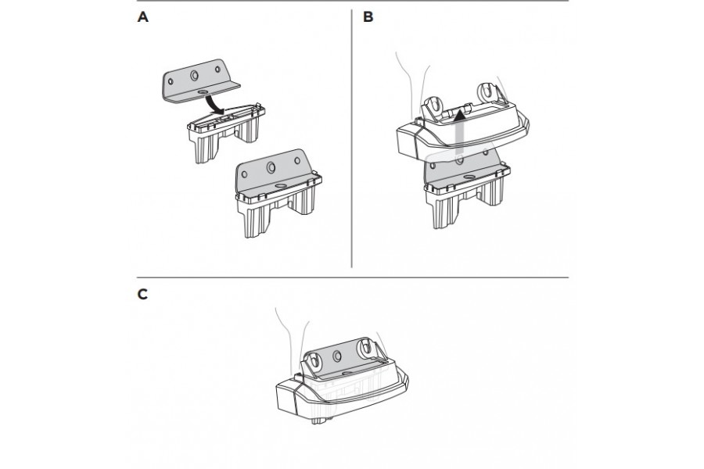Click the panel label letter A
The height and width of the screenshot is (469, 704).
143,17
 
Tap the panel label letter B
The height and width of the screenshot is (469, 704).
368,17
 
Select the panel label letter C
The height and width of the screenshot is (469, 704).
143,295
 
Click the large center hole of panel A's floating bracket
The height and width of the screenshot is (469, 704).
194,75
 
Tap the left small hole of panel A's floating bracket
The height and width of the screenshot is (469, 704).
171,81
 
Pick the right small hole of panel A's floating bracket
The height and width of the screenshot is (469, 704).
217,69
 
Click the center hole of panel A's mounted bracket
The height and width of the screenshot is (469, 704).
271,167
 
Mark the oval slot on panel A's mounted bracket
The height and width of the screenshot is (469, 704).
281,185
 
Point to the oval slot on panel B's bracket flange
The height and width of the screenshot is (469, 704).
469,177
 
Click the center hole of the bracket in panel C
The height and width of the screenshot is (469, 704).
337,356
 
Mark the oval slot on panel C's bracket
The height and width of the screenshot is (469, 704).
347,374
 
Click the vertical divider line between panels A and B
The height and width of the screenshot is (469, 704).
351,138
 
